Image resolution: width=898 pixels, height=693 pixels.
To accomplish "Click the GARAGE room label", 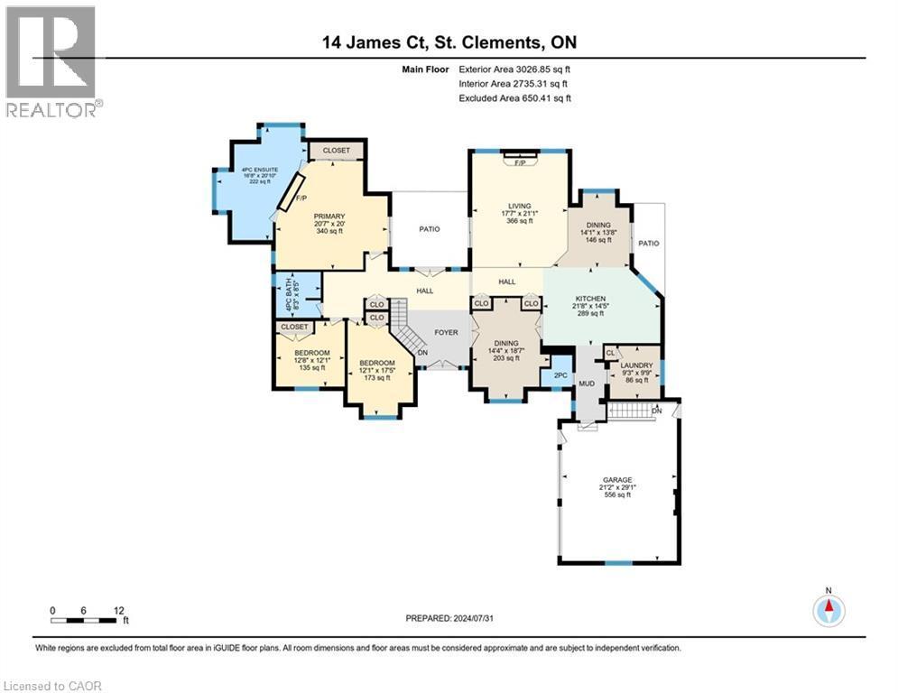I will [x=618, y=480].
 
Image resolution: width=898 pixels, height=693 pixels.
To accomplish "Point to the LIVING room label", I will [x=519, y=206].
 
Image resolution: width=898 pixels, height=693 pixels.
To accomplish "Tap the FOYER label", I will [x=446, y=332].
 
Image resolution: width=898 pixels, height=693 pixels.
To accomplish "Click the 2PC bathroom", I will [x=559, y=374].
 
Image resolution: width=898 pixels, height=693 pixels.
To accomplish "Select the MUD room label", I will [x=587, y=383].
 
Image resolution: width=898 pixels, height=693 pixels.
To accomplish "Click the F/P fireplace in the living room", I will [x=520, y=163].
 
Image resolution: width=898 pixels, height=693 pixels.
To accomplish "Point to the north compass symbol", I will [x=829, y=609].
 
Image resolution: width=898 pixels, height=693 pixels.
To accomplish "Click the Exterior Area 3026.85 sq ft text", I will [x=515, y=69].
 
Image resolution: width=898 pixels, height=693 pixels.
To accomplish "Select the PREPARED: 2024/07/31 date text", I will [x=449, y=618].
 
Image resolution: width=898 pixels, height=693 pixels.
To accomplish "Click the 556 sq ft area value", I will [x=618, y=495].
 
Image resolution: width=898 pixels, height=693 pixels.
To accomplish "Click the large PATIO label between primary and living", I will [x=430, y=229].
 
